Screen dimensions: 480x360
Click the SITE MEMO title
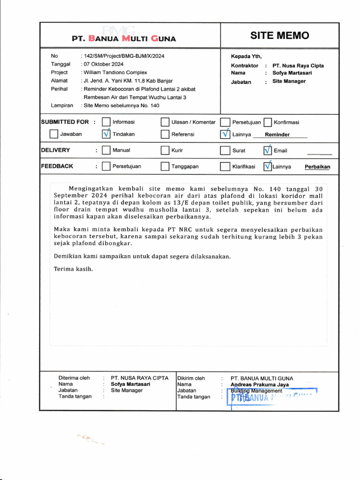[279, 36]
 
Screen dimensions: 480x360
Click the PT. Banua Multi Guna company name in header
[124, 38]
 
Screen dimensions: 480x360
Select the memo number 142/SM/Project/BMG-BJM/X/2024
[124, 56]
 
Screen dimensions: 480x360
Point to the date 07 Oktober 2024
[103, 64]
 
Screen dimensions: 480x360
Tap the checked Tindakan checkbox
[106, 134]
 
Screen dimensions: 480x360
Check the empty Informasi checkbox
[106, 122]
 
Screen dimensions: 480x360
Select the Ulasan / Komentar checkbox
[165, 122]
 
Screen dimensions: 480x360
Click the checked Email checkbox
[268, 150]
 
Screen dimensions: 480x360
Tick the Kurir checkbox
[165, 150]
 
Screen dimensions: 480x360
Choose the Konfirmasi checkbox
[268, 122]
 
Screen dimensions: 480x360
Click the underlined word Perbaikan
[317, 167]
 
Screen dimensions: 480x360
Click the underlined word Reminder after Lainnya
[277, 135]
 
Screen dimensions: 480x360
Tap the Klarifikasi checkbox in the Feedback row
[225, 166]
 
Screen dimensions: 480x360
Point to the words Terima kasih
[73, 269]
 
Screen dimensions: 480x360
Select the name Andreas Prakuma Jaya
[260, 385]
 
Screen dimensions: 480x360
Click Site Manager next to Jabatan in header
[289, 82]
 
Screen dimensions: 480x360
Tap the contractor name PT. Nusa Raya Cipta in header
[298, 66]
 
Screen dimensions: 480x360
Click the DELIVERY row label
[55, 150]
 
